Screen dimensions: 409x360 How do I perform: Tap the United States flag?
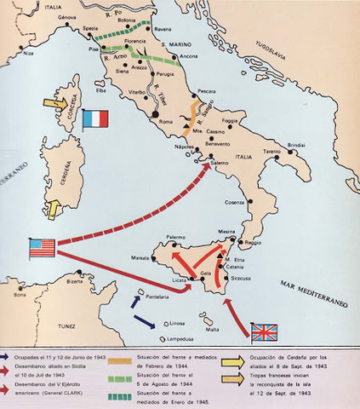point(42,248)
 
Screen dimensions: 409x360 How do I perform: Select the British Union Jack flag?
point(265,331)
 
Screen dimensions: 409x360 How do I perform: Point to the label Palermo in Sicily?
point(175,237)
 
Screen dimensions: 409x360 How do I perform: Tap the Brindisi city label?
point(296,146)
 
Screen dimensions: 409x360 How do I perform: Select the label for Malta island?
point(213,329)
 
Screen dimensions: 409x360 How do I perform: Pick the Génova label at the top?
point(55,17)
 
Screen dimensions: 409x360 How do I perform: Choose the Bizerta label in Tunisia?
point(75,281)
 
